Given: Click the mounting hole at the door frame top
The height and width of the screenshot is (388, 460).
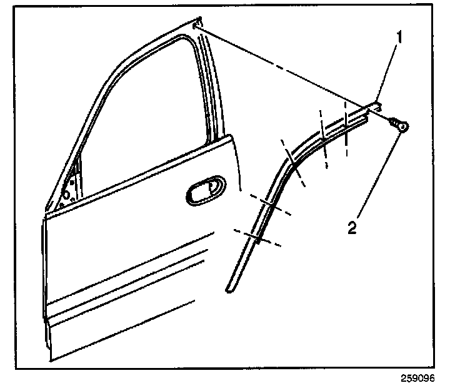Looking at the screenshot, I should (x=198, y=25).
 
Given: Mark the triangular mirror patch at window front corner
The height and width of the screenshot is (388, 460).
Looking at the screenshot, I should (x=71, y=181).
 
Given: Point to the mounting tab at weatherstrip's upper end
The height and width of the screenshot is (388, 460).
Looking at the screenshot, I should (x=377, y=106).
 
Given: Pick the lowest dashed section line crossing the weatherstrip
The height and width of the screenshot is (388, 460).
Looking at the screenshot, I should (x=256, y=237).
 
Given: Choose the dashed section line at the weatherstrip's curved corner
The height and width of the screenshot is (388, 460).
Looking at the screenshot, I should (x=293, y=163).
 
